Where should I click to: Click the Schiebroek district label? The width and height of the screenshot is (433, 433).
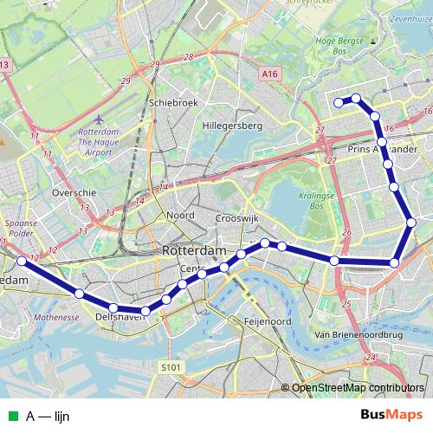click(174, 101)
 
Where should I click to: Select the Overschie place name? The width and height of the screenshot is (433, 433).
click(73, 192)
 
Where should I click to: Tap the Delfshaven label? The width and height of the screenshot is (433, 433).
click(115, 318)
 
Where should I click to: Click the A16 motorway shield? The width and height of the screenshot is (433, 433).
click(269, 75)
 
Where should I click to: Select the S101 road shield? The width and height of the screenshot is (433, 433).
click(171, 368)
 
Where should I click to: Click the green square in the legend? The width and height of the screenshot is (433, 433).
click(11, 417)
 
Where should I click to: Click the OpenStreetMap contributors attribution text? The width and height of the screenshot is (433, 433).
click(358, 388)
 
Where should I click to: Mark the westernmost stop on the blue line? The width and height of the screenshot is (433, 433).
click(22, 261)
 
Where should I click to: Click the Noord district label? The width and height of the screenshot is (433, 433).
click(180, 215)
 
